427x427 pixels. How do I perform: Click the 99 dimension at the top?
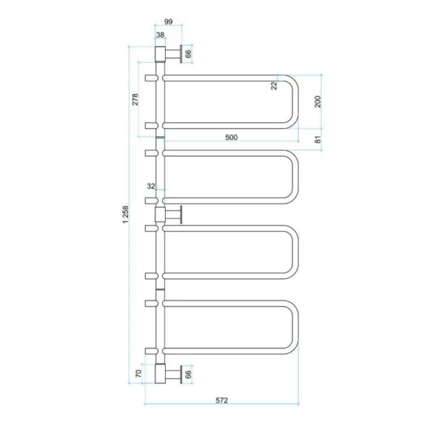pyautogui.click(x=169, y=21)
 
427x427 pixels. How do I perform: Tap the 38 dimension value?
pyautogui.click(x=160, y=35)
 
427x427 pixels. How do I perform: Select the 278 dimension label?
pyautogui.click(x=135, y=100)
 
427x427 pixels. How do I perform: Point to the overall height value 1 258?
pyautogui.click(x=125, y=215)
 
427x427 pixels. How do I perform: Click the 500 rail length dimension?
pyautogui.click(x=231, y=137)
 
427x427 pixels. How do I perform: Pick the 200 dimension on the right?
pyautogui.click(x=318, y=102)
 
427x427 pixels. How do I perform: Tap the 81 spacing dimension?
pyautogui.click(x=318, y=139)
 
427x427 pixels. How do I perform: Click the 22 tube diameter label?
pyautogui.click(x=274, y=86)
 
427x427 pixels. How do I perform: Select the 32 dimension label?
pyautogui.click(x=151, y=186)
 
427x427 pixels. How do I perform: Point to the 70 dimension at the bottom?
pyautogui.click(x=139, y=374)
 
